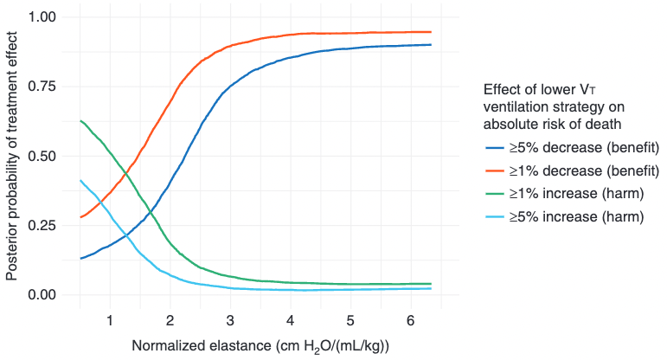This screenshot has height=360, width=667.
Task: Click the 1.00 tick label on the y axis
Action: tap(42, 17)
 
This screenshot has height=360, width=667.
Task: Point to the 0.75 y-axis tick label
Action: tap(42, 87)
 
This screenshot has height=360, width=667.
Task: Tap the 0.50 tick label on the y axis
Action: tap(42, 156)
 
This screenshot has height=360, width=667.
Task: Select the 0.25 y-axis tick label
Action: tap(42, 225)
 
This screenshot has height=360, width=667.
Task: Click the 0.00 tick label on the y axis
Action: tap(42, 294)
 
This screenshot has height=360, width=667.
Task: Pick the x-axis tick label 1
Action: tap(109, 321)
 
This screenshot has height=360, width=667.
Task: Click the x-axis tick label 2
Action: tap(170, 321)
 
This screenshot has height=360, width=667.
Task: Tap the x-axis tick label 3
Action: tap(229, 321)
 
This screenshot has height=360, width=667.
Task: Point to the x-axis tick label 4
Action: tap(290, 321)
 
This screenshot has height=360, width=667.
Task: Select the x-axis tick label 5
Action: tap(350, 321)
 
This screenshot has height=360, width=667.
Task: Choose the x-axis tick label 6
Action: tap(410, 321)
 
